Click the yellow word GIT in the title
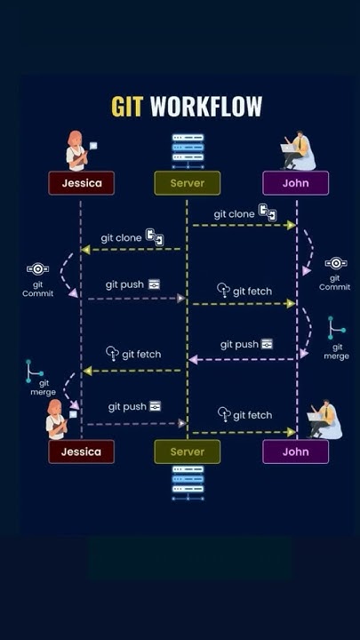tap(128, 107)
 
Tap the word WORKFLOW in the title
tap(206, 107)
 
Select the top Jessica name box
tap(82, 183)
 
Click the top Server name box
tap(187, 183)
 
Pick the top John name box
tap(295, 183)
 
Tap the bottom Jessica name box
tap(82, 452)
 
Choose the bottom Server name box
tap(187, 452)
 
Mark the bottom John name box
tap(295, 452)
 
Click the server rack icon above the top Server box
tap(187, 149)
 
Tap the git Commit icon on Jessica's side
tap(37, 268)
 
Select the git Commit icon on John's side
tap(335, 263)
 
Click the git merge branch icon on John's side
tap(335, 328)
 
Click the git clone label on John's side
tap(235, 214)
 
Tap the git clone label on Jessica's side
tap(121, 238)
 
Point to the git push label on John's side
tap(239, 344)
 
